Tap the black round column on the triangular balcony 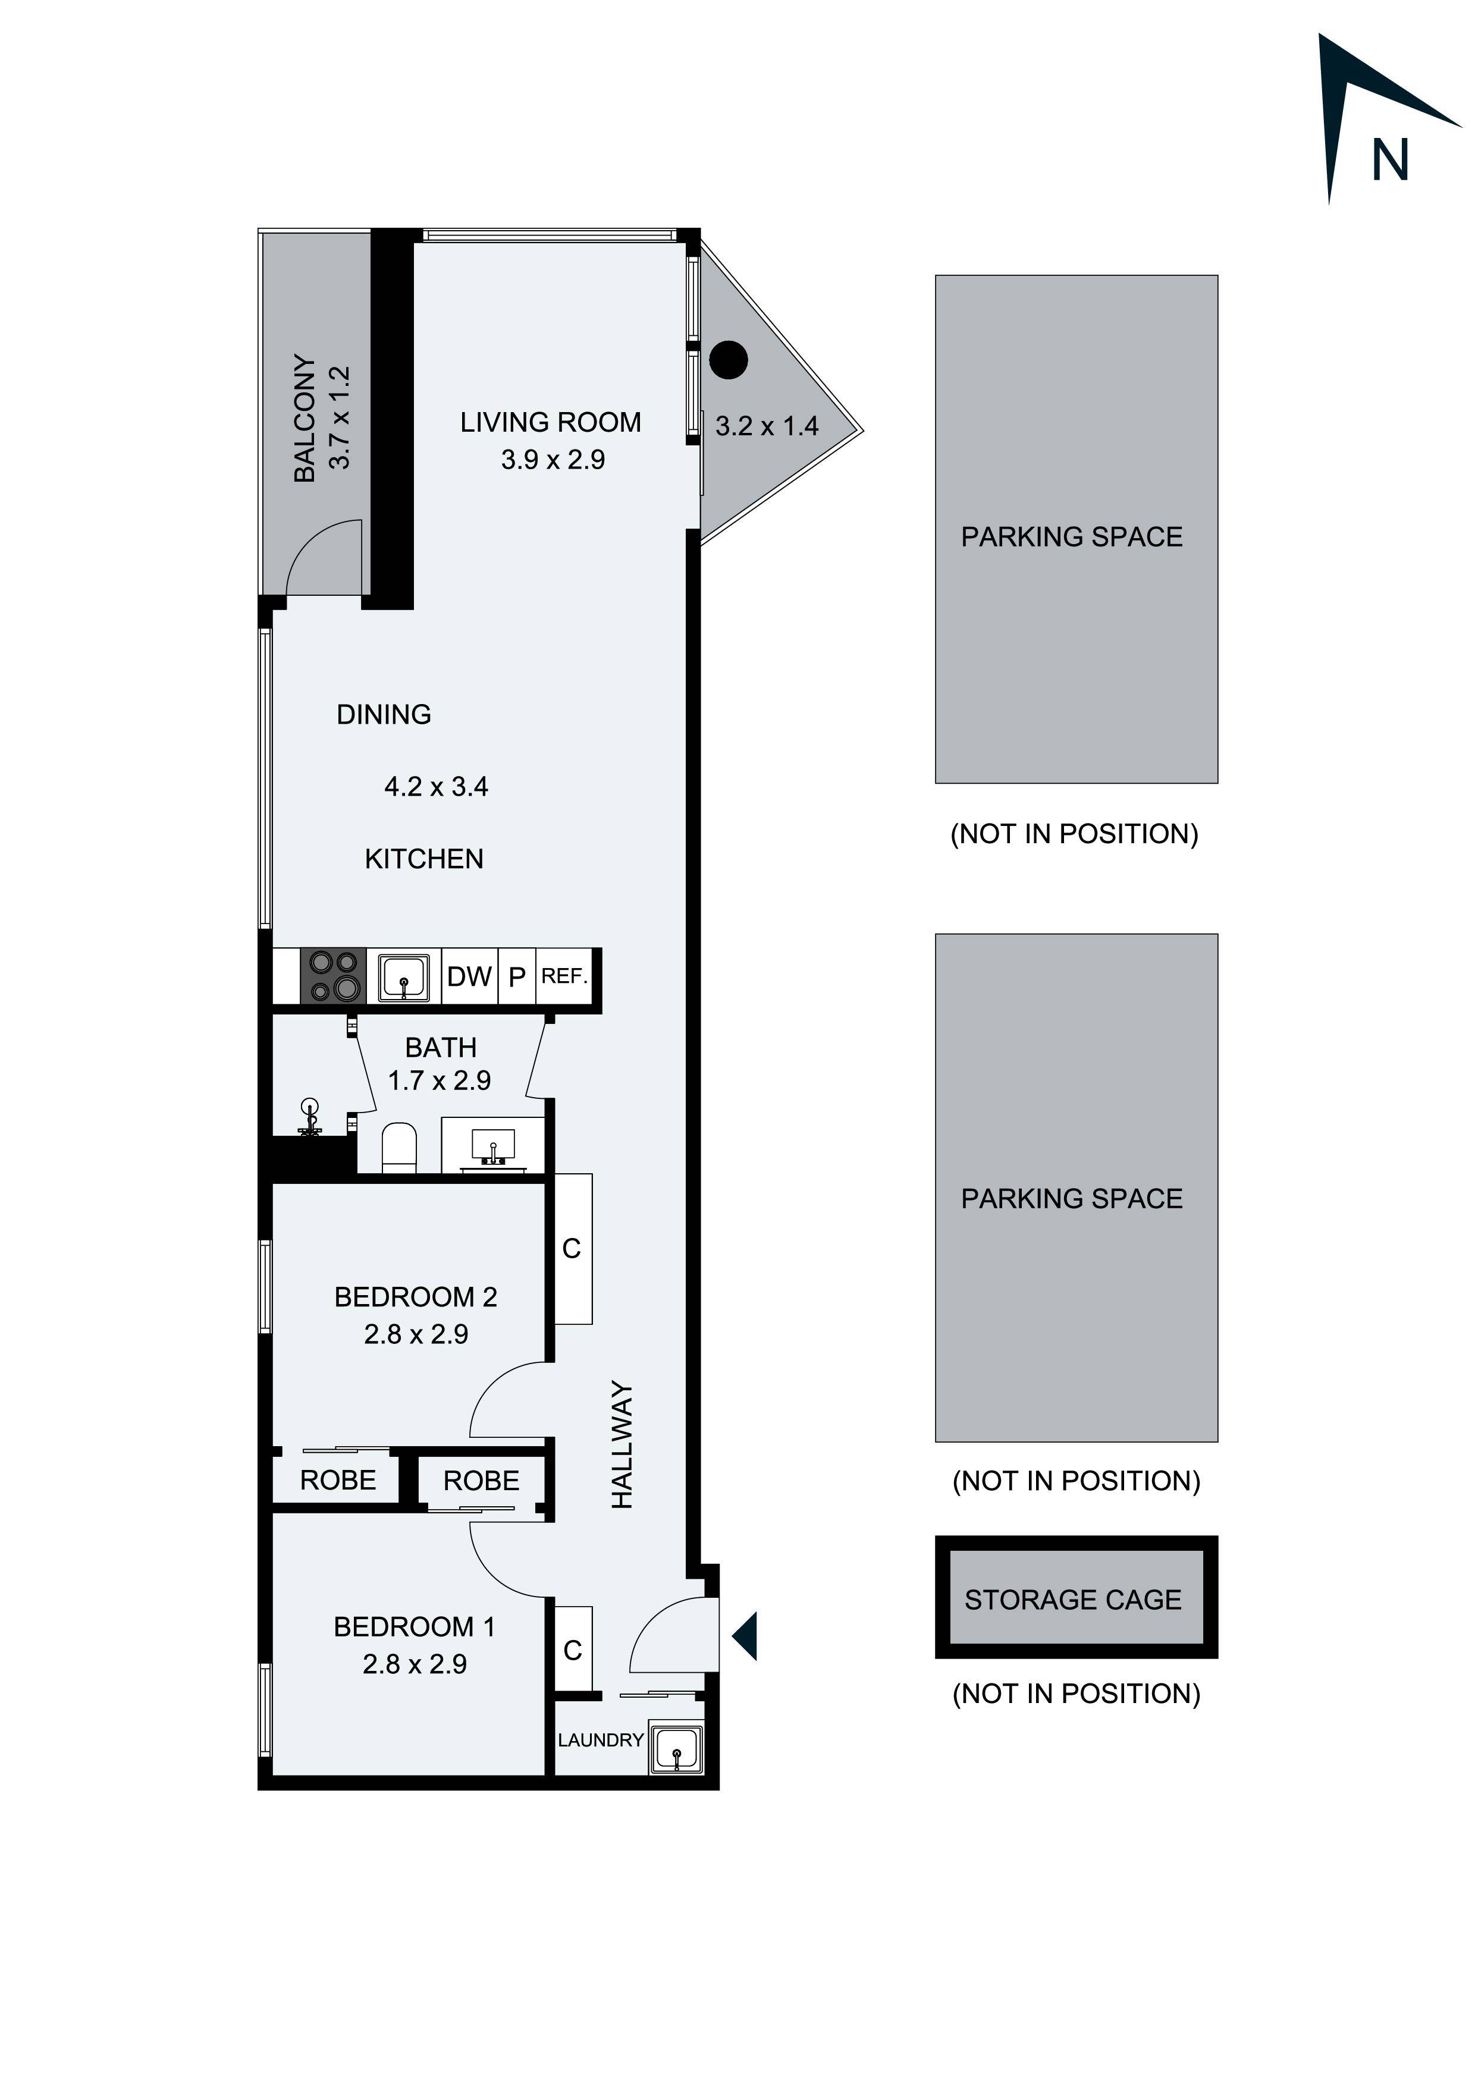[728, 360]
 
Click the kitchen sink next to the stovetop [403, 976]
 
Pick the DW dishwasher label [469, 976]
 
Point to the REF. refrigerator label [564, 976]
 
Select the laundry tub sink [675, 1746]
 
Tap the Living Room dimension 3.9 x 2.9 [553, 460]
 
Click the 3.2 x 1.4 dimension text [766, 426]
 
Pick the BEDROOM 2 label [415, 1296]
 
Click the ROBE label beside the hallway [481, 1481]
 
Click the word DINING [384, 715]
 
